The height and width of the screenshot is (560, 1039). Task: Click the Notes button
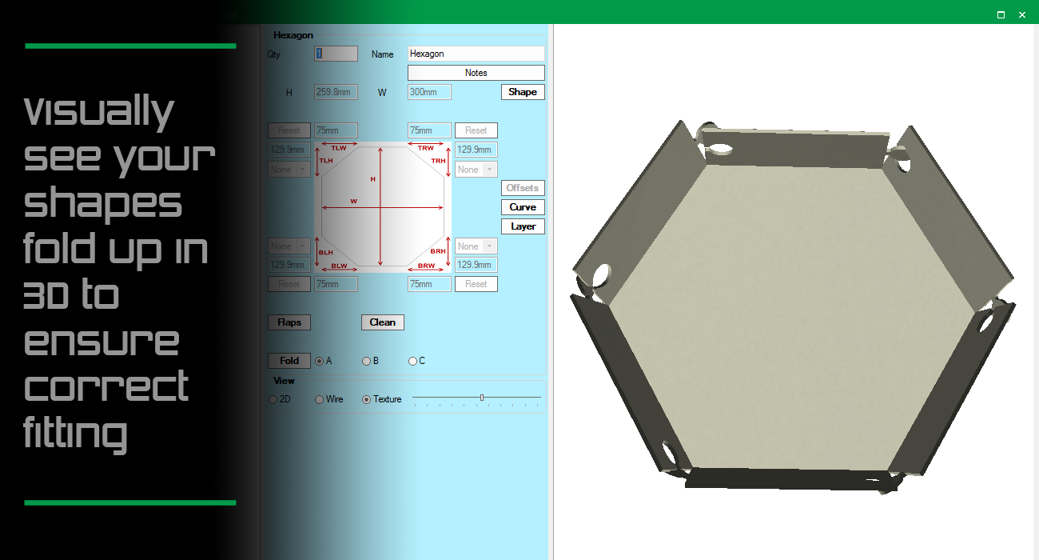476,73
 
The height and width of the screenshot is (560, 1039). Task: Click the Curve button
523,207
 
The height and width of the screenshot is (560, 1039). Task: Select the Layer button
523,226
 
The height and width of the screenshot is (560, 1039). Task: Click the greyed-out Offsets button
523,188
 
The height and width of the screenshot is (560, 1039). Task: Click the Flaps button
289,322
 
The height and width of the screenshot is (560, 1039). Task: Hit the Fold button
289,361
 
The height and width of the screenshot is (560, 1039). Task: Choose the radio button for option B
367,361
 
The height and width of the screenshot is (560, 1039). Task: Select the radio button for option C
413,361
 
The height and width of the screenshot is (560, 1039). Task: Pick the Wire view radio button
320,399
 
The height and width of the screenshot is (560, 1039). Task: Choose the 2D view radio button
273,399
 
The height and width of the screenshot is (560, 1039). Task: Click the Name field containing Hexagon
476,54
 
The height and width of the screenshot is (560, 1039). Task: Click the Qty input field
336,54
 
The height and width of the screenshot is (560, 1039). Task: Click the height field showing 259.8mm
336,92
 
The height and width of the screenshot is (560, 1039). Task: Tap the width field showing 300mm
429,92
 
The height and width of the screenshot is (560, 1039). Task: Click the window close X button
1021,14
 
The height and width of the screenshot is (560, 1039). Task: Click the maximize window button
1001,14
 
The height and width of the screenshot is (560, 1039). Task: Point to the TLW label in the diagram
339,149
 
